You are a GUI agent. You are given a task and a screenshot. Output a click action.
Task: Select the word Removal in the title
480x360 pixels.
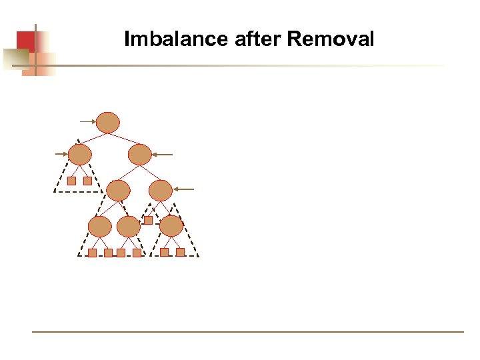[x=331, y=39]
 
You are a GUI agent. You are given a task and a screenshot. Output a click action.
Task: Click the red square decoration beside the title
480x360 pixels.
[x=25, y=41]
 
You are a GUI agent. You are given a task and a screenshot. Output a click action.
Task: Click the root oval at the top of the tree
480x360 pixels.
[x=108, y=122]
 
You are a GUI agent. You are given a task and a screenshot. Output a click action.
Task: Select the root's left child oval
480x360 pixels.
[x=80, y=155]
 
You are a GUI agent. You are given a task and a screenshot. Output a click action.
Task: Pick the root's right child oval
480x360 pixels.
[x=140, y=155]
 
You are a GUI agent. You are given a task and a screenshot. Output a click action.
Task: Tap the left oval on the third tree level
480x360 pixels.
[x=119, y=191]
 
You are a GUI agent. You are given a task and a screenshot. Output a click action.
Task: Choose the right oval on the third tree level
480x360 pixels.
[x=161, y=191]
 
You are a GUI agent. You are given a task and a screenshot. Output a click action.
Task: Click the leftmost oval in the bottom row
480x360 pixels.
[x=100, y=227]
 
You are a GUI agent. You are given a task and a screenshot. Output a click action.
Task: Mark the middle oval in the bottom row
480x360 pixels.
[x=129, y=227]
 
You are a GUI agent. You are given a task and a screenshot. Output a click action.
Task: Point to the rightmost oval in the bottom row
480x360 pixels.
[x=171, y=226]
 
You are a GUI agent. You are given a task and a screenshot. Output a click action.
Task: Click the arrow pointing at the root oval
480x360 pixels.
[x=87, y=122]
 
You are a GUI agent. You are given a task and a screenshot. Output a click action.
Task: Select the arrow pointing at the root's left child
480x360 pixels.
[x=61, y=154]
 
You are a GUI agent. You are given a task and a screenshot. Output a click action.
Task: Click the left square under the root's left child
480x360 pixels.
[x=71, y=181]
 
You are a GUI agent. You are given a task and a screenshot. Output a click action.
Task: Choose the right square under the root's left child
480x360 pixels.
[x=87, y=181]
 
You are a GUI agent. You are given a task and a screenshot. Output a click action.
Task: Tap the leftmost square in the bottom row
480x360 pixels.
[x=92, y=253]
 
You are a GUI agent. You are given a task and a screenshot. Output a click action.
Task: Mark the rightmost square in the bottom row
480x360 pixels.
[x=180, y=252]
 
